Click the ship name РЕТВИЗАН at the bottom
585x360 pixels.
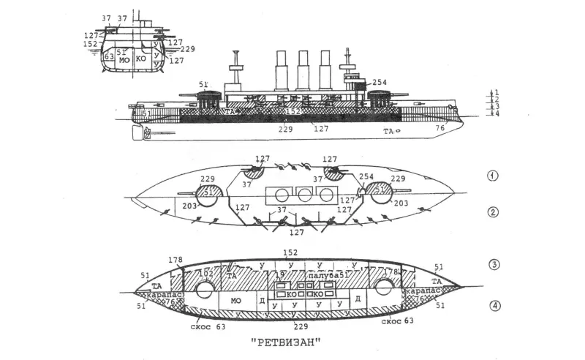[287, 342]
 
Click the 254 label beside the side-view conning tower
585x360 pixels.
[379, 83]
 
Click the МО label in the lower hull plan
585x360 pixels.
[235, 301]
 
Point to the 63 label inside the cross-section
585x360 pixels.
[109, 56]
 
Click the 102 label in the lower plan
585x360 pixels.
[207, 274]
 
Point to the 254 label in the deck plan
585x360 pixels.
[366, 178]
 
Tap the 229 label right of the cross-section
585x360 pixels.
[186, 49]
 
